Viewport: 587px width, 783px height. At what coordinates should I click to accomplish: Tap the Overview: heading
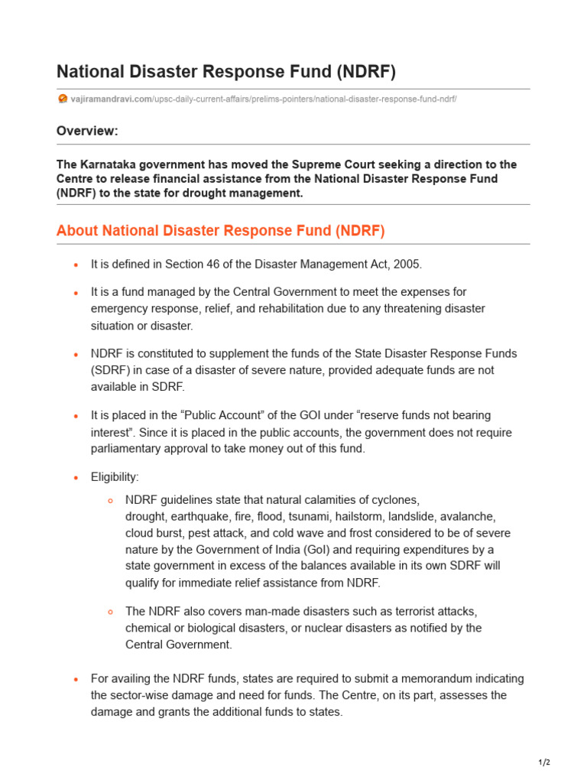(x=87, y=131)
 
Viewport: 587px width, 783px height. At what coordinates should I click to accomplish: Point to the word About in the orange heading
(x=75, y=231)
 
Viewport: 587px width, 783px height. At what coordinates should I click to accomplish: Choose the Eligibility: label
(x=115, y=477)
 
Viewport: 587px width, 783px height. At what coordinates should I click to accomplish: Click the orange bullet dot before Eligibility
(x=76, y=478)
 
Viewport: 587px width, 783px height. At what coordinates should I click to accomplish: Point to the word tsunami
(x=309, y=516)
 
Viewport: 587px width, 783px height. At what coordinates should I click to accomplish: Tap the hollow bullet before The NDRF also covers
(x=110, y=612)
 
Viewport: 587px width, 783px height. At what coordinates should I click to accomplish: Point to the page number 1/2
(x=544, y=762)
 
